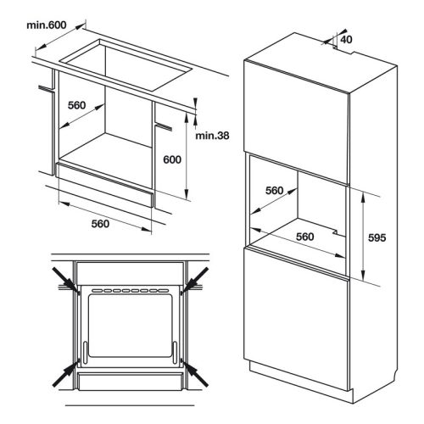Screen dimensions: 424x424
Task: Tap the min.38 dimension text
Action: pos(212,136)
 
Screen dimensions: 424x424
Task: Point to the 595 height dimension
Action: pos(377,238)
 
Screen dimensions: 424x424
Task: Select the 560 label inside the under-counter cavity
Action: pos(78,105)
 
